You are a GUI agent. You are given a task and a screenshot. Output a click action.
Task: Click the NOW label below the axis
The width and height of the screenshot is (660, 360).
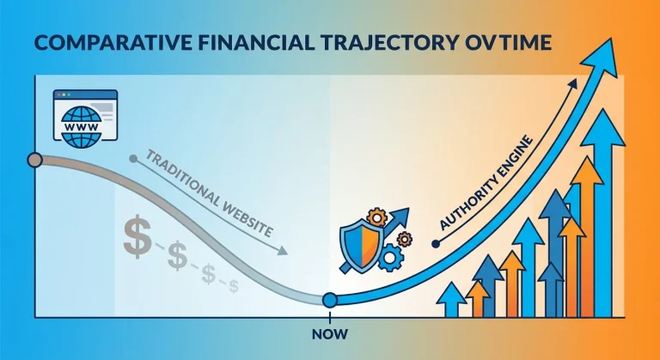[x=330, y=334]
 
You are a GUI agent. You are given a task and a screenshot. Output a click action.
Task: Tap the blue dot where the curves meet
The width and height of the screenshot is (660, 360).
[x=330, y=300]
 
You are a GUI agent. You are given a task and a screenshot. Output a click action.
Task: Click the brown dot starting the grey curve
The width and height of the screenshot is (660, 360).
[x=35, y=160]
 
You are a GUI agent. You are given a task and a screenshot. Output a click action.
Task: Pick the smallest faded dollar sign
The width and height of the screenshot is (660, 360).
[x=234, y=286]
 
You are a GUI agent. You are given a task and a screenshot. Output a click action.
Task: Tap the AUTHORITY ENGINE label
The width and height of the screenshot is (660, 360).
[x=486, y=183]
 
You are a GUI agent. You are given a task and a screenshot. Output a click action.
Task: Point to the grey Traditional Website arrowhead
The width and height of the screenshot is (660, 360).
[x=283, y=251]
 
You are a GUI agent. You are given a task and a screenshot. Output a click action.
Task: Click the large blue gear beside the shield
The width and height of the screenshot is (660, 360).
[x=390, y=257]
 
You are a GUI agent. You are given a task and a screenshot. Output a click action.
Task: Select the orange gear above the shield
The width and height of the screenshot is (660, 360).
[x=376, y=217]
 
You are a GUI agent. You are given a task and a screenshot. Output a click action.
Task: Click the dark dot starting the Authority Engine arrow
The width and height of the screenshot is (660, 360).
[x=436, y=244]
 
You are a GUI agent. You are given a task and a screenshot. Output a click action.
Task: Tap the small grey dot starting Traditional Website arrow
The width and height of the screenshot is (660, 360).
[x=133, y=159]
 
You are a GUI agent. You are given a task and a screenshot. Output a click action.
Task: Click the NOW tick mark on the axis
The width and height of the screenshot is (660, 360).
[x=330, y=318]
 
